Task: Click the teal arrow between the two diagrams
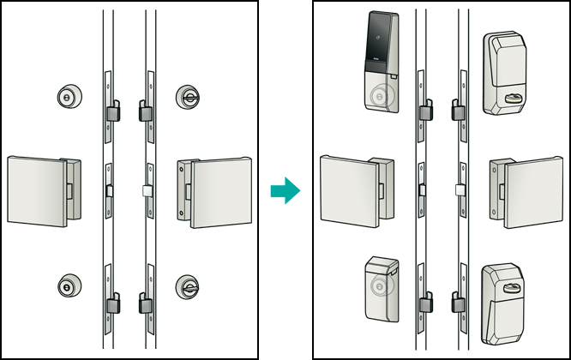tap(285, 190)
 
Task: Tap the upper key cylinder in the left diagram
tap(66, 97)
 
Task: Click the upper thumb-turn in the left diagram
tap(187, 97)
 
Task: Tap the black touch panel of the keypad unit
tap(379, 43)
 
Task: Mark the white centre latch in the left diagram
tap(147, 190)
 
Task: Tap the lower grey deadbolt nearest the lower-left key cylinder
tap(111, 303)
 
